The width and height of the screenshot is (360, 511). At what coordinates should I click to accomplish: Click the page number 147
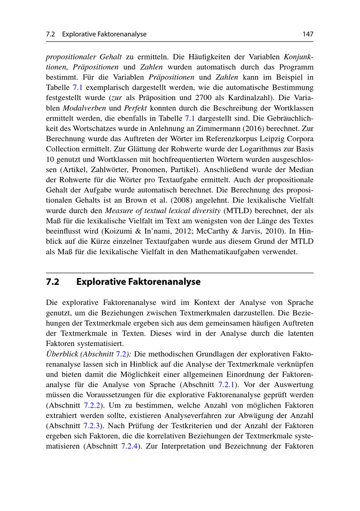(308, 34)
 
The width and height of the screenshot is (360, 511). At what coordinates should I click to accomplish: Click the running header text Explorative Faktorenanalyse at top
(104, 34)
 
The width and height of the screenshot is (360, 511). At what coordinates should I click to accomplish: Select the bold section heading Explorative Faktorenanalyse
(138, 282)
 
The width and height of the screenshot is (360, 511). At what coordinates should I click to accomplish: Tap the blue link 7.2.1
(226, 385)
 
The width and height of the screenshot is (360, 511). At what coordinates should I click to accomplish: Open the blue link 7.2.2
(91, 405)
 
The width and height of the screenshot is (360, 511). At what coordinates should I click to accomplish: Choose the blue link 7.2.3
(91, 426)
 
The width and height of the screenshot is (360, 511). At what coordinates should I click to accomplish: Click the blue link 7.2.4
(130, 446)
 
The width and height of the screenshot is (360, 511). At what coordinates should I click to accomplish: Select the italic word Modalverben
(84, 108)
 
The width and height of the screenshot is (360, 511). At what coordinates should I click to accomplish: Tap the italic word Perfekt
(135, 108)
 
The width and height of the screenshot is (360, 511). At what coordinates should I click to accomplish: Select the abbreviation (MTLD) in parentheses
(238, 211)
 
